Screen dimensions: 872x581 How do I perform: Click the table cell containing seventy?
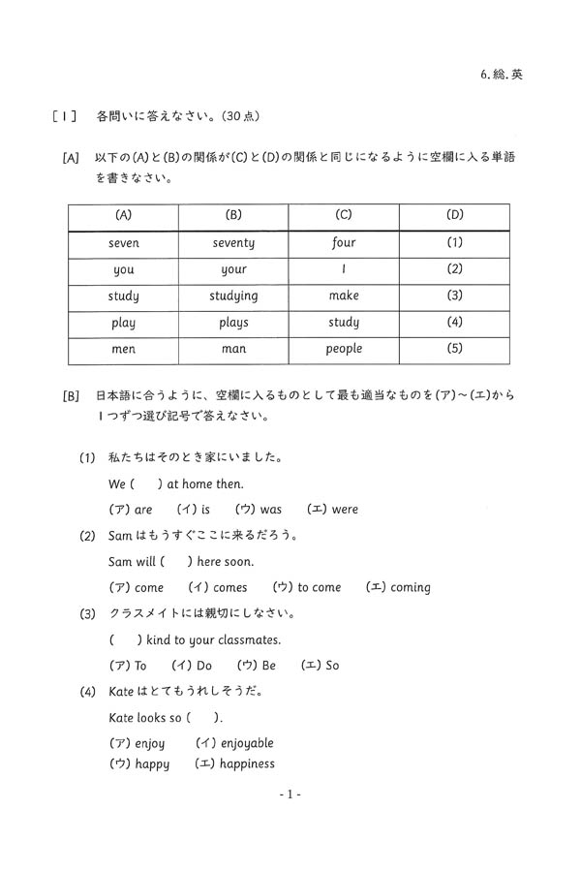pyautogui.click(x=233, y=243)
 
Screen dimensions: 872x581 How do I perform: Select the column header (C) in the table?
pyautogui.click(x=344, y=215)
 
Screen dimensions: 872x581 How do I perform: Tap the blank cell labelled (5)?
pyautogui.click(x=454, y=348)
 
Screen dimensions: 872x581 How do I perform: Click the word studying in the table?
pyautogui.click(x=233, y=296)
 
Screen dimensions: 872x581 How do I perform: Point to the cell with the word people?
pyautogui.click(x=344, y=348)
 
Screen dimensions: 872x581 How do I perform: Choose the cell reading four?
pyautogui.click(x=344, y=243)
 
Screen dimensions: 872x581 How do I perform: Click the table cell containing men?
pyautogui.click(x=123, y=348)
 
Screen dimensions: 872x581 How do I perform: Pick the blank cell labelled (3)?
pyautogui.click(x=454, y=296)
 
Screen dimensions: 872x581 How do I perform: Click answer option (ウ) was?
pyautogui.click(x=258, y=509)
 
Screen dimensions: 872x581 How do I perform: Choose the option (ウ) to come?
pyautogui.click(x=307, y=587)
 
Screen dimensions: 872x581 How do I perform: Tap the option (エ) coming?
pyautogui.click(x=398, y=587)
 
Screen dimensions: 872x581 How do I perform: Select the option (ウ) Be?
pyautogui.click(x=256, y=666)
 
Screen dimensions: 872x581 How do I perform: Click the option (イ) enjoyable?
pyautogui.click(x=234, y=743)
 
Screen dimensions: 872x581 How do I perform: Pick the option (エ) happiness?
pyautogui.click(x=234, y=763)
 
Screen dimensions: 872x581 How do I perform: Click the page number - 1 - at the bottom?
pyautogui.click(x=290, y=794)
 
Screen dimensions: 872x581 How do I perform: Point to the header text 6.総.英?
pyautogui.click(x=502, y=74)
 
